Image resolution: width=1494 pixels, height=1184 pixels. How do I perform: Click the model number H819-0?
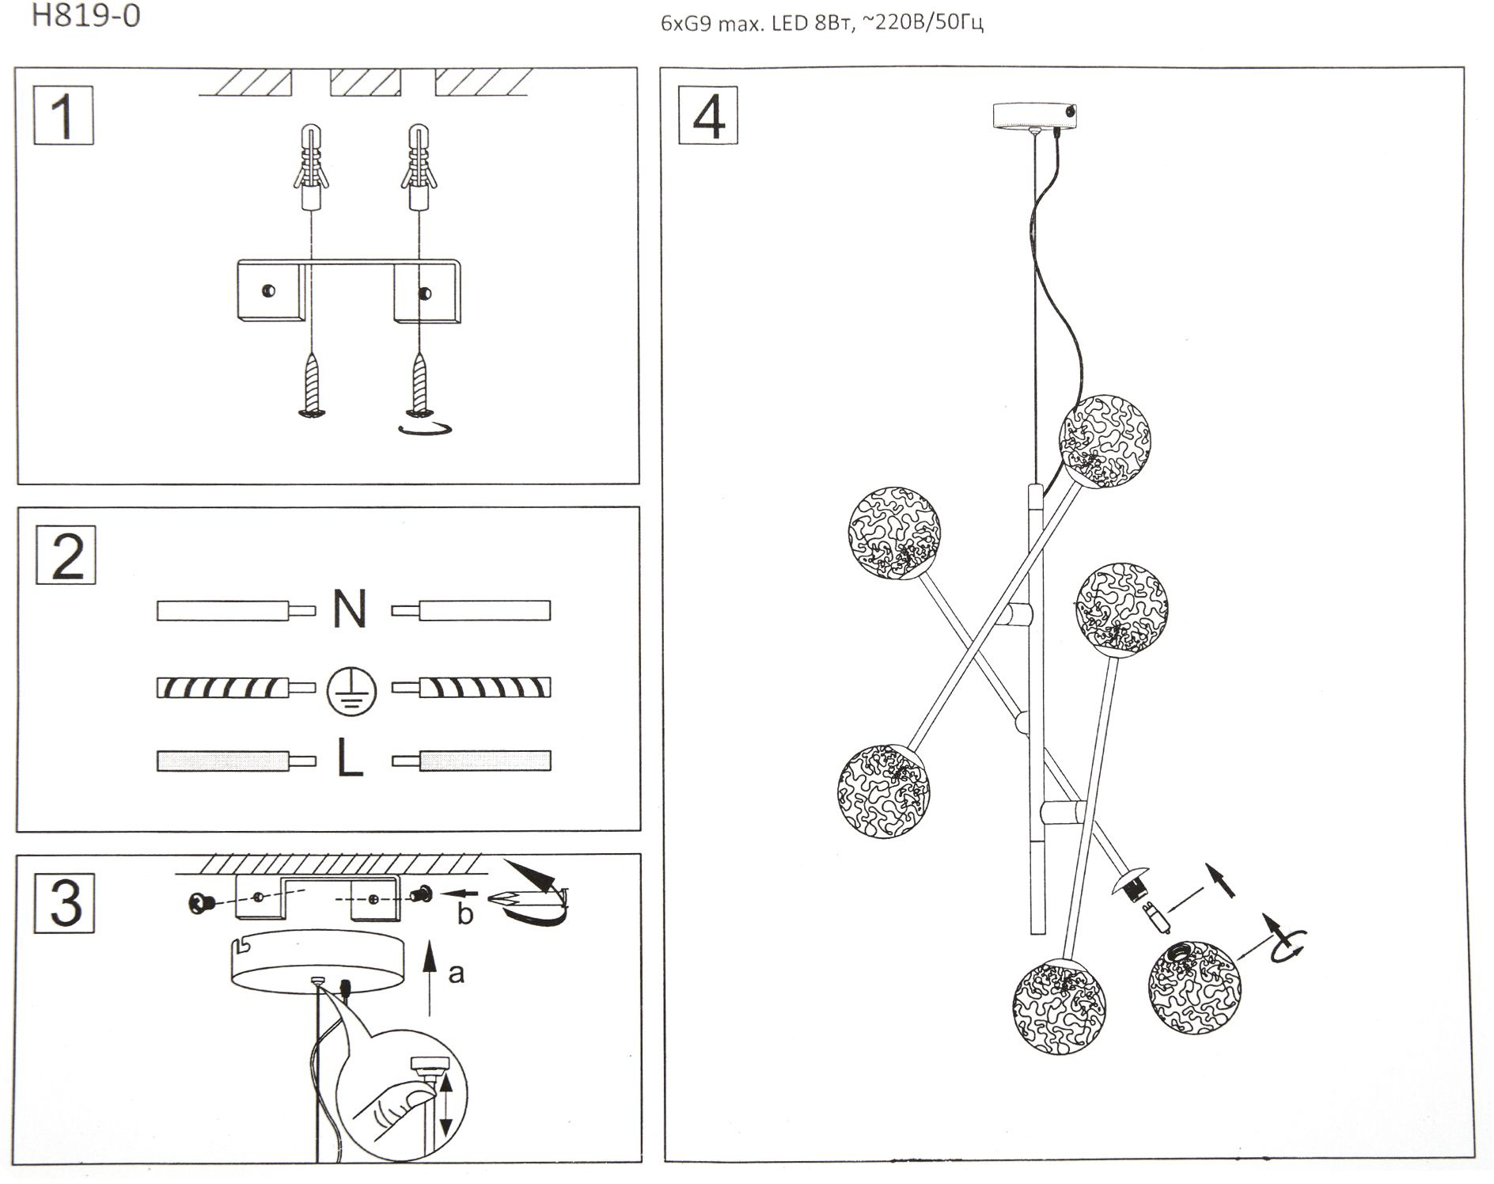(x=86, y=16)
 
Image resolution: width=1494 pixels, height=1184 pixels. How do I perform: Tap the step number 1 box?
(x=63, y=116)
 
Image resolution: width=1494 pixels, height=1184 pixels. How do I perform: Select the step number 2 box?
(x=66, y=555)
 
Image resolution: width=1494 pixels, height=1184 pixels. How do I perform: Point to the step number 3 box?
(x=65, y=903)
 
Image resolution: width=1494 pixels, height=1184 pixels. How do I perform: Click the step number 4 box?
(x=708, y=116)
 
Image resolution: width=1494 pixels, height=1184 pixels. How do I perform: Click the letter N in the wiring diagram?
(x=350, y=609)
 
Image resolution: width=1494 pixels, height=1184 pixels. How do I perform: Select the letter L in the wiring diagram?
(x=350, y=760)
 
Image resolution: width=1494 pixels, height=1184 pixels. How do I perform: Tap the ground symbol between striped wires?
(x=351, y=689)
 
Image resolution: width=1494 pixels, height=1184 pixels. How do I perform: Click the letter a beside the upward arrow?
(x=456, y=973)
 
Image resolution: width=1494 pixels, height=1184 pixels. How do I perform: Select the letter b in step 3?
(x=465, y=915)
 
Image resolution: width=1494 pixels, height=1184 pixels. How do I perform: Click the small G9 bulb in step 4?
(x=1158, y=920)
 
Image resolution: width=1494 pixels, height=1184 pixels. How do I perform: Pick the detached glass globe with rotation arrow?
(x=1194, y=981)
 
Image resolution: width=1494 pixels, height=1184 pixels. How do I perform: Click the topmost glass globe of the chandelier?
(x=1105, y=440)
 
